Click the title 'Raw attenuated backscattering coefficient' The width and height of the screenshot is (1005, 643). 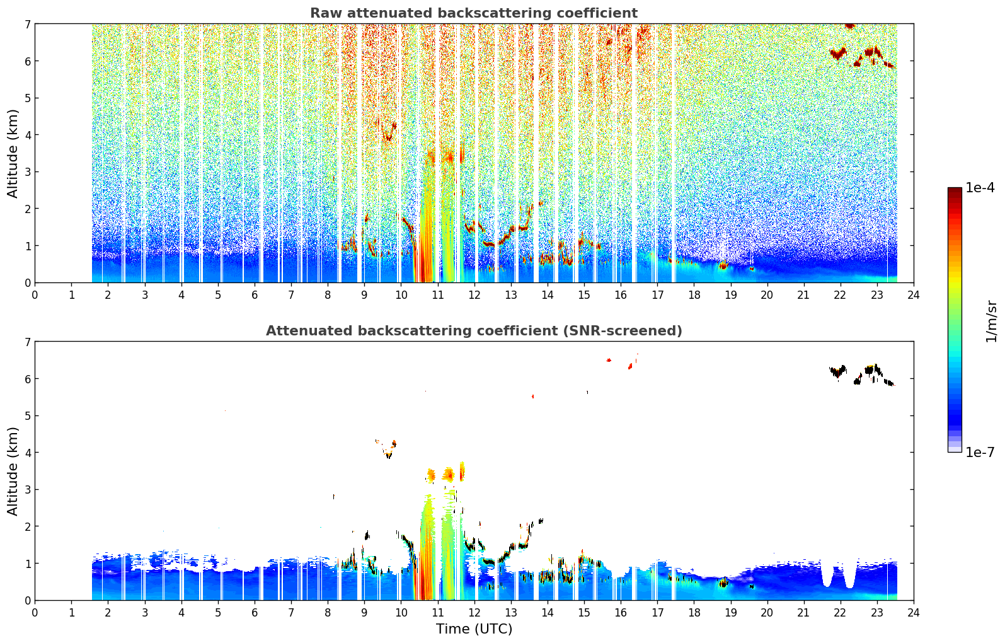(474, 13)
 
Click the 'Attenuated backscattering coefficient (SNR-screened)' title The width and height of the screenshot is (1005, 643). (474, 331)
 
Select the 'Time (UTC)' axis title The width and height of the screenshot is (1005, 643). (474, 629)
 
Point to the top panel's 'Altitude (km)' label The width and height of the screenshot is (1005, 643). (13, 154)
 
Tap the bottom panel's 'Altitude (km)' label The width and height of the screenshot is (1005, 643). (13, 472)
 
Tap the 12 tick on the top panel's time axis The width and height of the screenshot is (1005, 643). (474, 295)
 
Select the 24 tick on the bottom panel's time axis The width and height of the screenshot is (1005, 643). (914, 613)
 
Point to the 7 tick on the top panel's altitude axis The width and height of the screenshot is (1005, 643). (27, 24)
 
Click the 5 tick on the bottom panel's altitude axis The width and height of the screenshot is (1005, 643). (27, 416)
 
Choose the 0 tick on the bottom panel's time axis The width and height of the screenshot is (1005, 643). (35, 613)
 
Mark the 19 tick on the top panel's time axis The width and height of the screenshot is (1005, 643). (730, 295)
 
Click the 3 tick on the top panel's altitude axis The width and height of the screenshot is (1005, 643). (27, 172)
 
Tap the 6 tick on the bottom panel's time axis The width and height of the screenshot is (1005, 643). (255, 613)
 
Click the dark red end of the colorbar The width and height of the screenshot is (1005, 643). (955, 190)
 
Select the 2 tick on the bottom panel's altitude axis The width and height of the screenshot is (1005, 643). (27, 526)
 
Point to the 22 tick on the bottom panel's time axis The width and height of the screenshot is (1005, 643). (841, 613)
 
